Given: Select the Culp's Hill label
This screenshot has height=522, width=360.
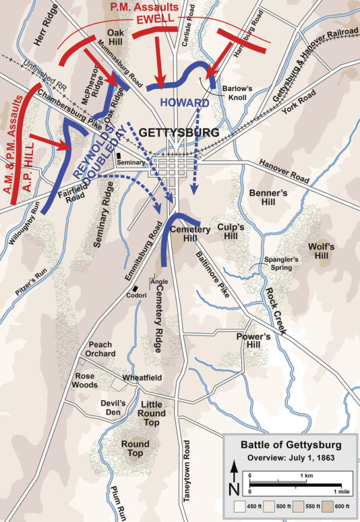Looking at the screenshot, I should (x=235, y=232).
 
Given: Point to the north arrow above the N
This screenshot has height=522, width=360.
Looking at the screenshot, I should (x=234, y=469).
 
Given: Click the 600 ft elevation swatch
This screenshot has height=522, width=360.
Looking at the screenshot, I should (x=326, y=504).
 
